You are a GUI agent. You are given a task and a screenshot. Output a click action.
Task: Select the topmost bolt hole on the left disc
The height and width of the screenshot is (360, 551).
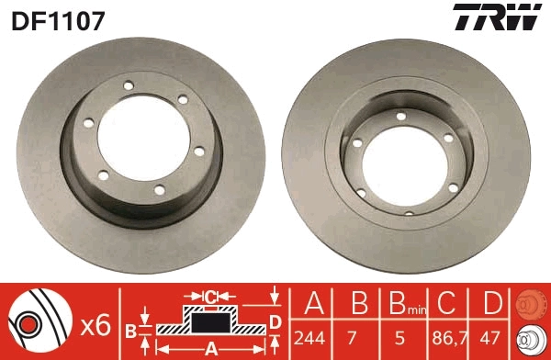[127, 88]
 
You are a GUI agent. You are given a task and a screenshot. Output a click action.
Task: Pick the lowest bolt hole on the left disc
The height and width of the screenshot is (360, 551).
[159, 190]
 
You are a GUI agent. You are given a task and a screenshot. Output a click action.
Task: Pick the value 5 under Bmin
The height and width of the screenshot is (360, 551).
[399, 337]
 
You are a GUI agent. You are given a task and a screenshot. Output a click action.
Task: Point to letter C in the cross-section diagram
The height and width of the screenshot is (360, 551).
[210, 296]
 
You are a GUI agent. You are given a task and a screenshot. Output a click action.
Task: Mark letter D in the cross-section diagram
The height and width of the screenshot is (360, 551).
[274, 321]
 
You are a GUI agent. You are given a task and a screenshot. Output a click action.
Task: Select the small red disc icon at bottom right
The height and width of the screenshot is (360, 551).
[530, 304]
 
